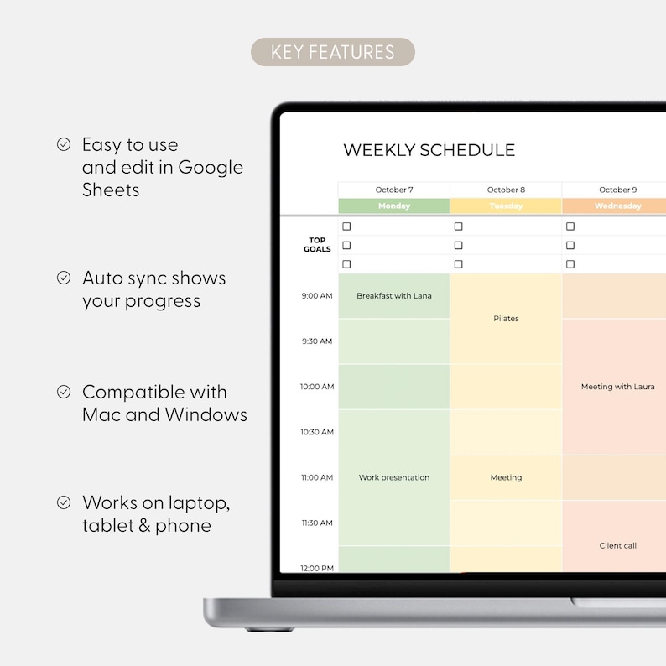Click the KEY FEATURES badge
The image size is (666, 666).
(x=332, y=52)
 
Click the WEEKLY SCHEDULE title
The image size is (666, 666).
(x=429, y=151)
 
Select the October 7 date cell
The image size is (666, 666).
(x=394, y=190)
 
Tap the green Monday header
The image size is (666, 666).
(x=394, y=206)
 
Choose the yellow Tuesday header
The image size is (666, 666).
(x=506, y=206)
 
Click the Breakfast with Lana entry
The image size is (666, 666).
(x=394, y=296)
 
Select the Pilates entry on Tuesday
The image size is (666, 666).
(x=506, y=319)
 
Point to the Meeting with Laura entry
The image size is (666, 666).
(x=617, y=387)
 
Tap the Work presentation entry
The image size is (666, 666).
(x=394, y=477)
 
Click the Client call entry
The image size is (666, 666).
(x=617, y=545)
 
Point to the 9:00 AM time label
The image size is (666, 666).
(x=317, y=296)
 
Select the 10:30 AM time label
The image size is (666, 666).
(x=317, y=432)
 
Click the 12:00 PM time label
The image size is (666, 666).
(x=317, y=568)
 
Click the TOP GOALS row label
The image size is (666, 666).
(x=317, y=245)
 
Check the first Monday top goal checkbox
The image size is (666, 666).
(x=347, y=226)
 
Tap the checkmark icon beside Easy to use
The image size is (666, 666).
(x=64, y=144)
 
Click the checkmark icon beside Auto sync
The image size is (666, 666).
(x=64, y=278)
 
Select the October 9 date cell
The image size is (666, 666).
(x=617, y=190)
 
